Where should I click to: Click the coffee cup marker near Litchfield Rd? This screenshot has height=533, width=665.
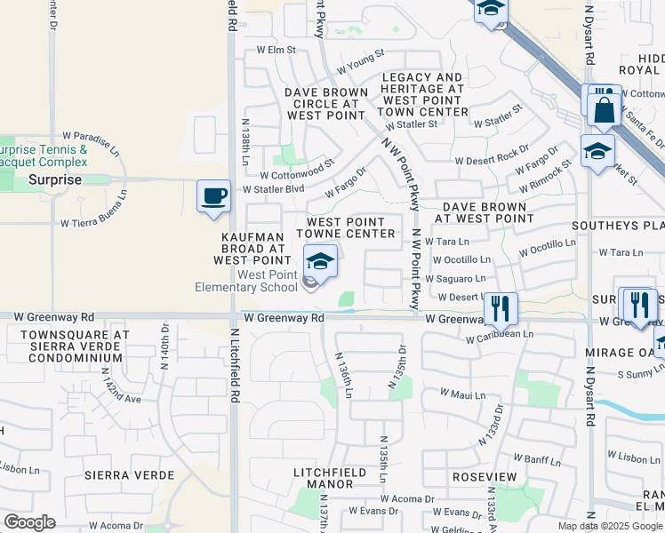[213, 195]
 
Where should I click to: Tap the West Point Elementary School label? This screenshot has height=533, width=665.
[246, 281]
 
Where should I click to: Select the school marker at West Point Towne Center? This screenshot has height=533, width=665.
[320, 261]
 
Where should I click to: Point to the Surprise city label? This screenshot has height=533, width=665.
[55, 179]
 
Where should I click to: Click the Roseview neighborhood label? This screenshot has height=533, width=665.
[485, 477]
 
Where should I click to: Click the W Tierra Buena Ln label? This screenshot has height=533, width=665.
[93, 223]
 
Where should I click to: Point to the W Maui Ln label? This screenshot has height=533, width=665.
[462, 394]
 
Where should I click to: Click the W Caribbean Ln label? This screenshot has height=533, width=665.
[500, 337]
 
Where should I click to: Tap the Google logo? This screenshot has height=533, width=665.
[29, 522]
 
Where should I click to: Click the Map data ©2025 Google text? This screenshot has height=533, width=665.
[609, 526]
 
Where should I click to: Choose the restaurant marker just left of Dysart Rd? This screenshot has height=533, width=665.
[501, 308]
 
